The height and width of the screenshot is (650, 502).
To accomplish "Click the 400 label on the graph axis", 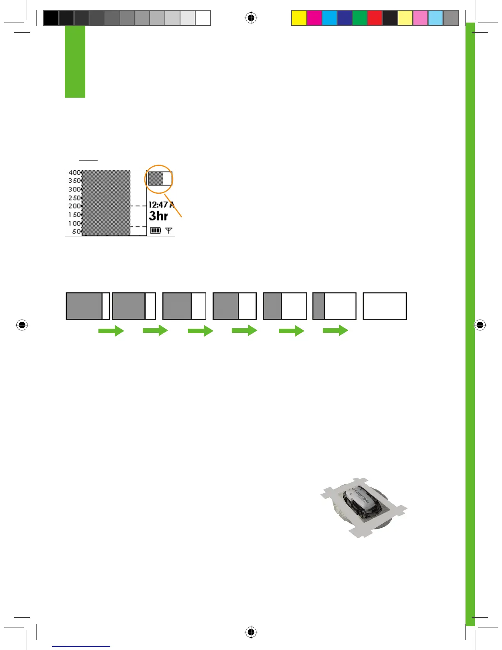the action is tap(74, 173).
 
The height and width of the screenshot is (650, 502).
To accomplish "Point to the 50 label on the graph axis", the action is tap(76, 231).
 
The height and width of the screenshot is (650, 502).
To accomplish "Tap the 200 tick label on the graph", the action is tap(74, 206).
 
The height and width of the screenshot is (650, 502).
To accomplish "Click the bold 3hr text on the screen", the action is tap(158, 216).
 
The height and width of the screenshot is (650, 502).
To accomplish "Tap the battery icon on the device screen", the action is tap(155, 230).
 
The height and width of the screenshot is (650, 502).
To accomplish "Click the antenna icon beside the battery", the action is tap(169, 230).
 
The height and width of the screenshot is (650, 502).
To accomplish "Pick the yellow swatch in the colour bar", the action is tap(299, 18).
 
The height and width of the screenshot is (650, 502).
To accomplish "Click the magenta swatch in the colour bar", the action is tap(314, 18).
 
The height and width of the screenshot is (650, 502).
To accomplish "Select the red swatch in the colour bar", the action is tap(375, 18).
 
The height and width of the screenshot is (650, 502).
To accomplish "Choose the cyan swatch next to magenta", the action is tap(329, 18).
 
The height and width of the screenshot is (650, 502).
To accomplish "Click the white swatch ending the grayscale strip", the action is tap(203, 18).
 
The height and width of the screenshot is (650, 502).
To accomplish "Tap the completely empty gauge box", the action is tap(385, 306).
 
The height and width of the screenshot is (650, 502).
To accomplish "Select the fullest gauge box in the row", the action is tap(88, 306).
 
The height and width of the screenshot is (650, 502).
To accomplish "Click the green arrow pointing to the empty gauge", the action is tap(335, 330).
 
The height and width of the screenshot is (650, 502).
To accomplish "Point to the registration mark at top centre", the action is tap(251, 18).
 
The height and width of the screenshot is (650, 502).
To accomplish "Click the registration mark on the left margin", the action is tap(22, 325).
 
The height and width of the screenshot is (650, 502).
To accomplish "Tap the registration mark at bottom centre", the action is tap(251, 632).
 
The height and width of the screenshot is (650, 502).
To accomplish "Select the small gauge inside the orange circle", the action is tap(160, 179).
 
